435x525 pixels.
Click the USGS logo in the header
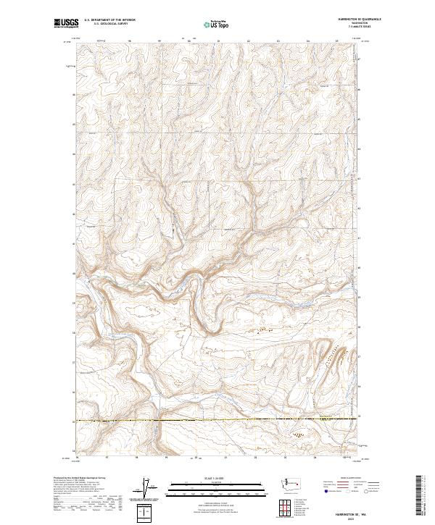click(x=66, y=23)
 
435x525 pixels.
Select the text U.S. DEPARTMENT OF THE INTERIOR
click(x=109, y=20)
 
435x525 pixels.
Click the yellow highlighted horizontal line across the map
click(x=210, y=420)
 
